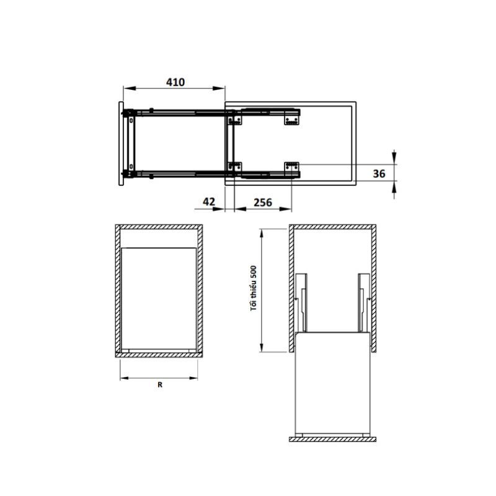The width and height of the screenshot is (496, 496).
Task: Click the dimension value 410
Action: click(x=175, y=82)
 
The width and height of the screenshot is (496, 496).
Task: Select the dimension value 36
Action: click(x=379, y=174)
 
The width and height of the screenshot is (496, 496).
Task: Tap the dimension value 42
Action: click(x=208, y=201)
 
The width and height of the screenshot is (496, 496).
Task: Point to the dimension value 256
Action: click(x=263, y=201)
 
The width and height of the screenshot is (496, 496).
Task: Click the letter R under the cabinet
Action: click(x=159, y=385)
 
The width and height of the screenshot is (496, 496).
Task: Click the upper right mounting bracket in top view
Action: click(x=292, y=117)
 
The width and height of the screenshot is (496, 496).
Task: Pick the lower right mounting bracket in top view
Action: click(x=292, y=167)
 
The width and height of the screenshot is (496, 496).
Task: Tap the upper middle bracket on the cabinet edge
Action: click(x=234, y=117)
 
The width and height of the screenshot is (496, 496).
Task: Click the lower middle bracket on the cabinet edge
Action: click(x=234, y=167)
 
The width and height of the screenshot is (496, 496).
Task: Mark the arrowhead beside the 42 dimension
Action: click(x=219, y=209)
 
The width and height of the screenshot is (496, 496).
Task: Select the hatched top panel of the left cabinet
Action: click(x=158, y=226)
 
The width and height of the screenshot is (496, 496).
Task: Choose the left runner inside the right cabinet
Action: click(x=301, y=301)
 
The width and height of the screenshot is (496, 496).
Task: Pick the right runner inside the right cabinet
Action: click(x=363, y=301)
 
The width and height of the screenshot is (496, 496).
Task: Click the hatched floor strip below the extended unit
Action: click(x=332, y=438)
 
